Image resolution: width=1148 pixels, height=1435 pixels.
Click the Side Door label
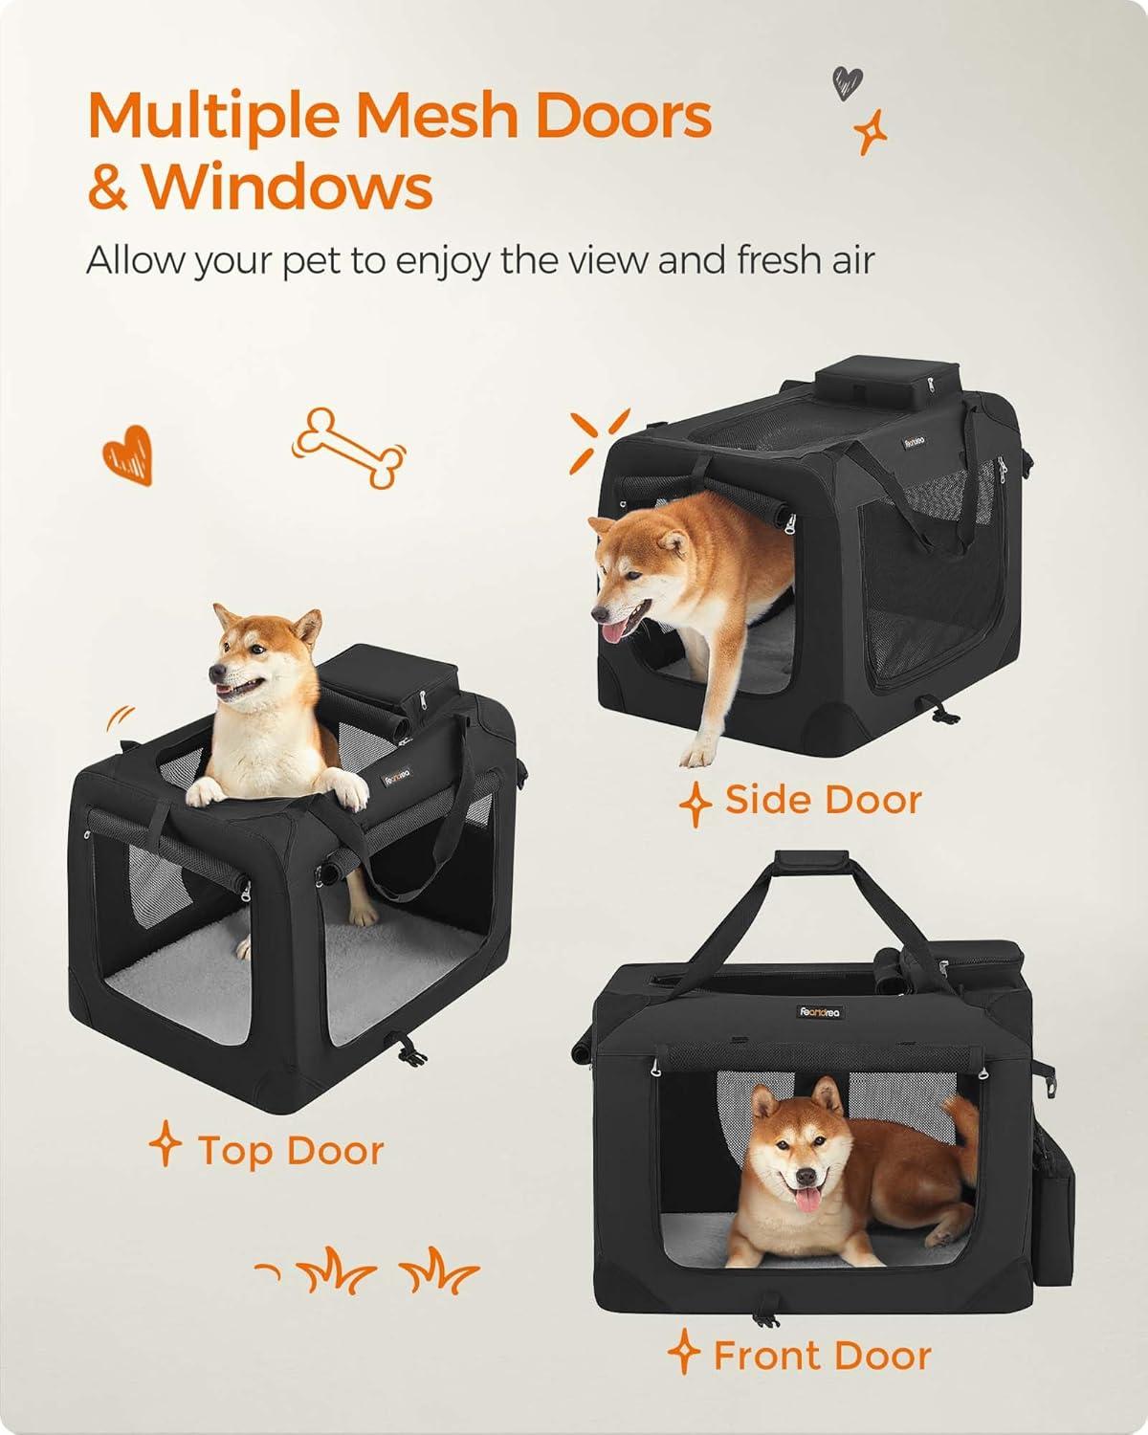point(823,799)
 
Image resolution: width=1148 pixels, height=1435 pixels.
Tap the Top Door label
point(290,1150)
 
